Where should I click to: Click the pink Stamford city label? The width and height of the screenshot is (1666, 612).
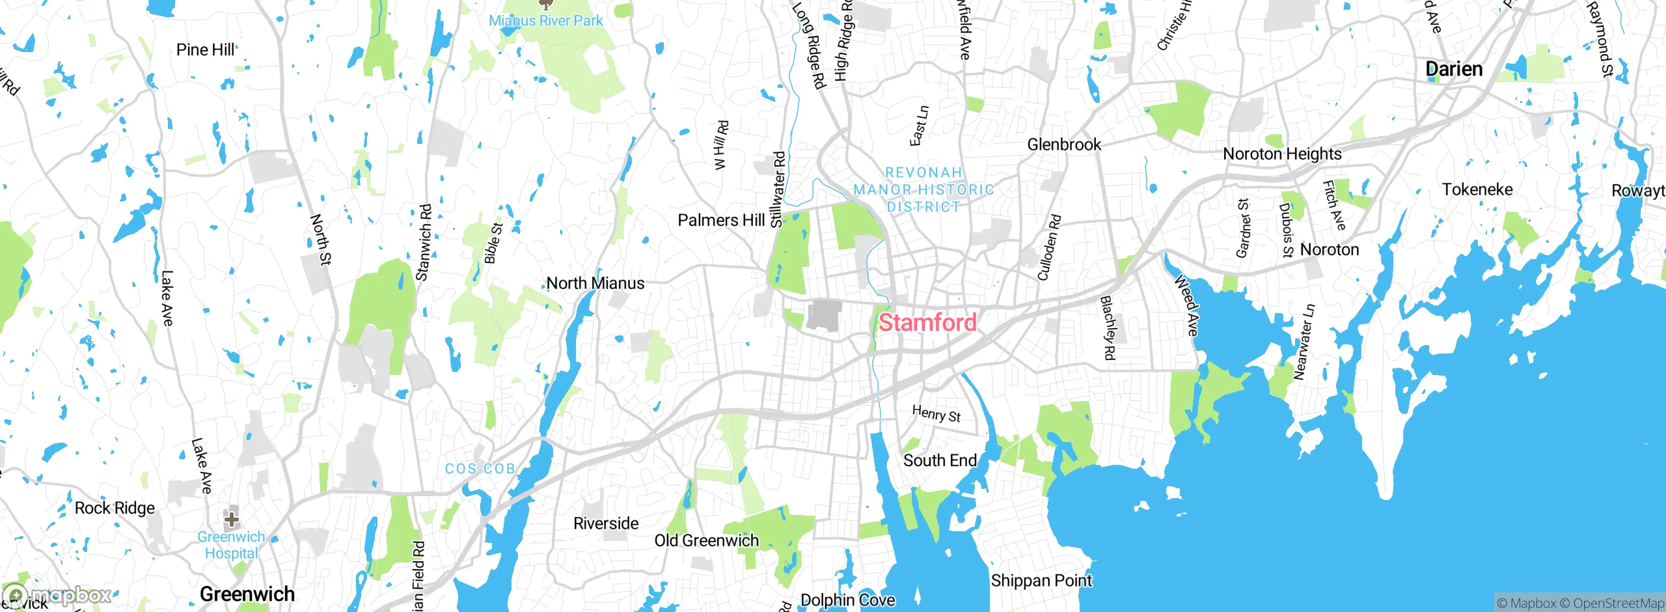click(x=927, y=322)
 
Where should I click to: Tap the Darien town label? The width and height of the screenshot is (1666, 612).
click(x=1454, y=69)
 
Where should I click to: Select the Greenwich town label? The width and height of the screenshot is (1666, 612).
click(x=247, y=594)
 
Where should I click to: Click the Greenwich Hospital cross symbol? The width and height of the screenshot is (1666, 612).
click(x=231, y=519)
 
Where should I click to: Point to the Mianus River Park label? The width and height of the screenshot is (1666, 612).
click(x=546, y=21)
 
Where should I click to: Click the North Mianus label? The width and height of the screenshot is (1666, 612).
click(x=595, y=283)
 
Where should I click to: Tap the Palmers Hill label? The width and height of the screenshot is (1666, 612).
click(x=721, y=220)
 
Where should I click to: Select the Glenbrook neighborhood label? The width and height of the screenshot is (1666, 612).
click(x=1064, y=145)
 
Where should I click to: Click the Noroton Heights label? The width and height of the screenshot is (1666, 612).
click(x=1282, y=154)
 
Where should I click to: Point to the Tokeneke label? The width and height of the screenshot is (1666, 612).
click(x=1477, y=189)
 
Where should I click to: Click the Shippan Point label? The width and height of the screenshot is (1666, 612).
click(x=1041, y=580)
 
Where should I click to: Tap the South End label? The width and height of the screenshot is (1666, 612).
click(x=940, y=460)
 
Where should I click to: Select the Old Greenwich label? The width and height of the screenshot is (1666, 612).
click(x=707, y=540)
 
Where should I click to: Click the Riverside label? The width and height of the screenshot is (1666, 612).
click(x=606, y=523)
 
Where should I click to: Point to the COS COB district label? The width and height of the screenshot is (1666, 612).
click(x=480, y=469)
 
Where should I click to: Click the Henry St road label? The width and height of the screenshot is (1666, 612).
click(x=936, y=413)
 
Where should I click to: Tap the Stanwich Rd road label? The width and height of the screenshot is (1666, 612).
click(x=424, y=243)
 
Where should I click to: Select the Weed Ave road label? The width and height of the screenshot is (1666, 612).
click(x=1186, y=305)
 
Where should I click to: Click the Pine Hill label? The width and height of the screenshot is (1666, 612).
click(x=206, y=50)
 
